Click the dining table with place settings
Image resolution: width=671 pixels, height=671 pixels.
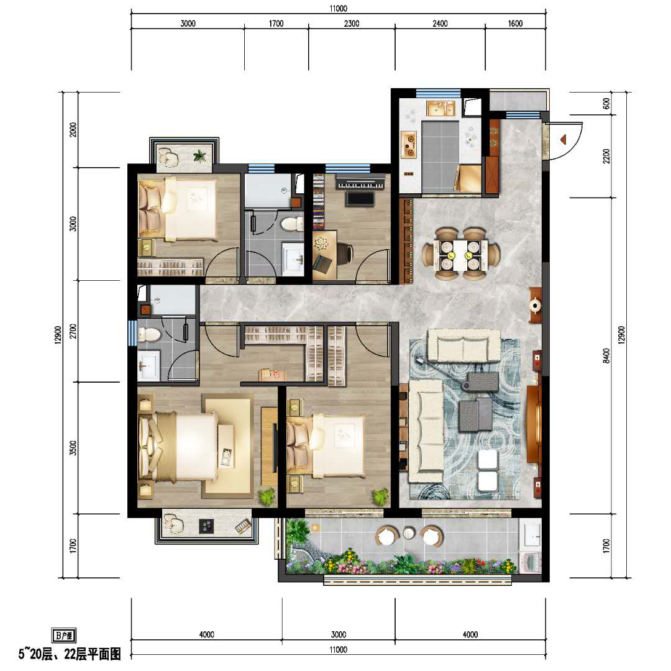pyautogui.click(x=460, y=255)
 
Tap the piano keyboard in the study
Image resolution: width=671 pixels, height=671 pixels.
pyautogui.click(x=360, y=181)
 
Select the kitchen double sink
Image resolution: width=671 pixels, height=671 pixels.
pyautogui.click(x=440, y=109)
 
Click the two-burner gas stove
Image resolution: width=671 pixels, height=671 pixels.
pyautogui.click(x=409, y=144)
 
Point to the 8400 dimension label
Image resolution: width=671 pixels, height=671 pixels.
pyautogui.click(x=606, y=355)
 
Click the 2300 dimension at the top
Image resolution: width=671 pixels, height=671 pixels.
pyautogui.click(x=351, y=24)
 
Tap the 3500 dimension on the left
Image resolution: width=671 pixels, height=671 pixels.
pyautogui.click(x=73, y=447)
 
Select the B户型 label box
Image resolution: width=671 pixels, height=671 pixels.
pyautogui.click(x=64, y=635)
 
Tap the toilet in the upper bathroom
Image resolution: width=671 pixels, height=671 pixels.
pyautogui.click(x=293, y=224)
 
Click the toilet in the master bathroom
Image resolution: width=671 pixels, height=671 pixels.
pyautogui.click(x=148, y=334)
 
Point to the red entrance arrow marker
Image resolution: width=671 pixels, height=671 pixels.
pyautogui.click(x=563, y=139)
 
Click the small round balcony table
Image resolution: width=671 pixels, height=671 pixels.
pyautogui.click(x=409, y=533)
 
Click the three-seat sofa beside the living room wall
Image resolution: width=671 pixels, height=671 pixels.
pyautogui.click(x=426, y=431)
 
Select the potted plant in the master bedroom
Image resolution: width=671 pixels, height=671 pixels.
pyautogui.click(x=267, y=496)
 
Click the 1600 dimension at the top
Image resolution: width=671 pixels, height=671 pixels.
pyautogui.click(x=515, y=24)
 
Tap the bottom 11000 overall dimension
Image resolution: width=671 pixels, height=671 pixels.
pyautogui.click(x=338, y=650)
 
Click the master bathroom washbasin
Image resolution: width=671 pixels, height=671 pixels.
pyautogui.click(x=148, y=365)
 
